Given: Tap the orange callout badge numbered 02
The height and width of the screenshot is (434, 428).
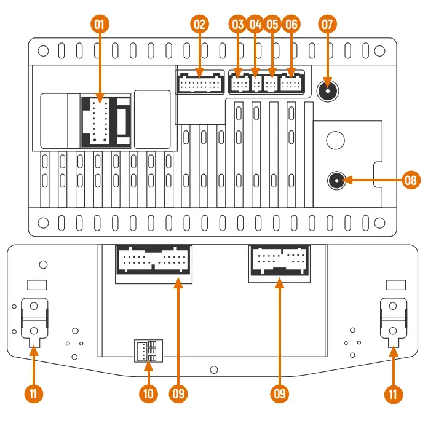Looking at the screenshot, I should pyautogui.click(x=199, y=25).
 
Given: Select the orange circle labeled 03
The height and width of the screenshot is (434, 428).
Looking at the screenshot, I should pyautogui.click(x=238, y=25).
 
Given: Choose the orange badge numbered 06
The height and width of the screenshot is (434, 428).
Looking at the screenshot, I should pyautogui.click(x=291, y=25).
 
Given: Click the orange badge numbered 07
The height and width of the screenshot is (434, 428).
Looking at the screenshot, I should pyautogui.click(x=328, y=25).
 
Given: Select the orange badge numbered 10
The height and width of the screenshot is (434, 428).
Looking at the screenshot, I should pyautogui.click(x=148, y=393).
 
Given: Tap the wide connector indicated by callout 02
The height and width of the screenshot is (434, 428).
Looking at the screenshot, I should pyautogui.click(x=200, y=82).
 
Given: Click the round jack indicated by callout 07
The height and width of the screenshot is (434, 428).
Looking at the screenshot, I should pyautogui.click(x=328, y=92).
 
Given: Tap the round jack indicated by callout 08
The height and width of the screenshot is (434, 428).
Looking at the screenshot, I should pyautogui.click(x=336, y=181).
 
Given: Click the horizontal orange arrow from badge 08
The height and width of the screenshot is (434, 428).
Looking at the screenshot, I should pyautogui.click(x=375, y=181).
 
